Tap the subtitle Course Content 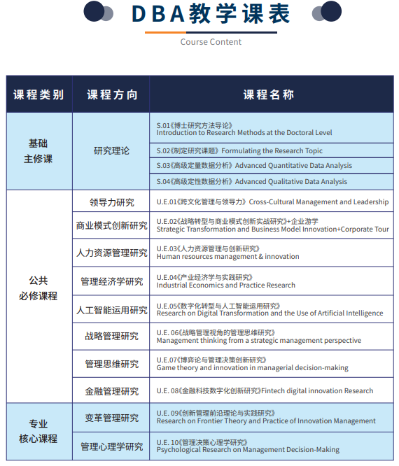[211, 42]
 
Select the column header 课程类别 [38, 94]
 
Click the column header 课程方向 [112, 94]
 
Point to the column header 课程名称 [269, 94]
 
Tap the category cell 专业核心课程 [38, 431]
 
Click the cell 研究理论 [112, 150]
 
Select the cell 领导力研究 [112, 202]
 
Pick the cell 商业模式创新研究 [112, 225]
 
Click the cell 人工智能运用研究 [112, 310]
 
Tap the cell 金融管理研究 [112, 390]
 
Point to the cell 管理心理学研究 [112, 446]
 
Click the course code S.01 [163, 125]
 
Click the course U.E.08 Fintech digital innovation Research [265, 390]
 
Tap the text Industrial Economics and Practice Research [225, 285]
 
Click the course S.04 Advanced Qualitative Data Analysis [251, 181]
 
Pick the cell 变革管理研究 [112, 418]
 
